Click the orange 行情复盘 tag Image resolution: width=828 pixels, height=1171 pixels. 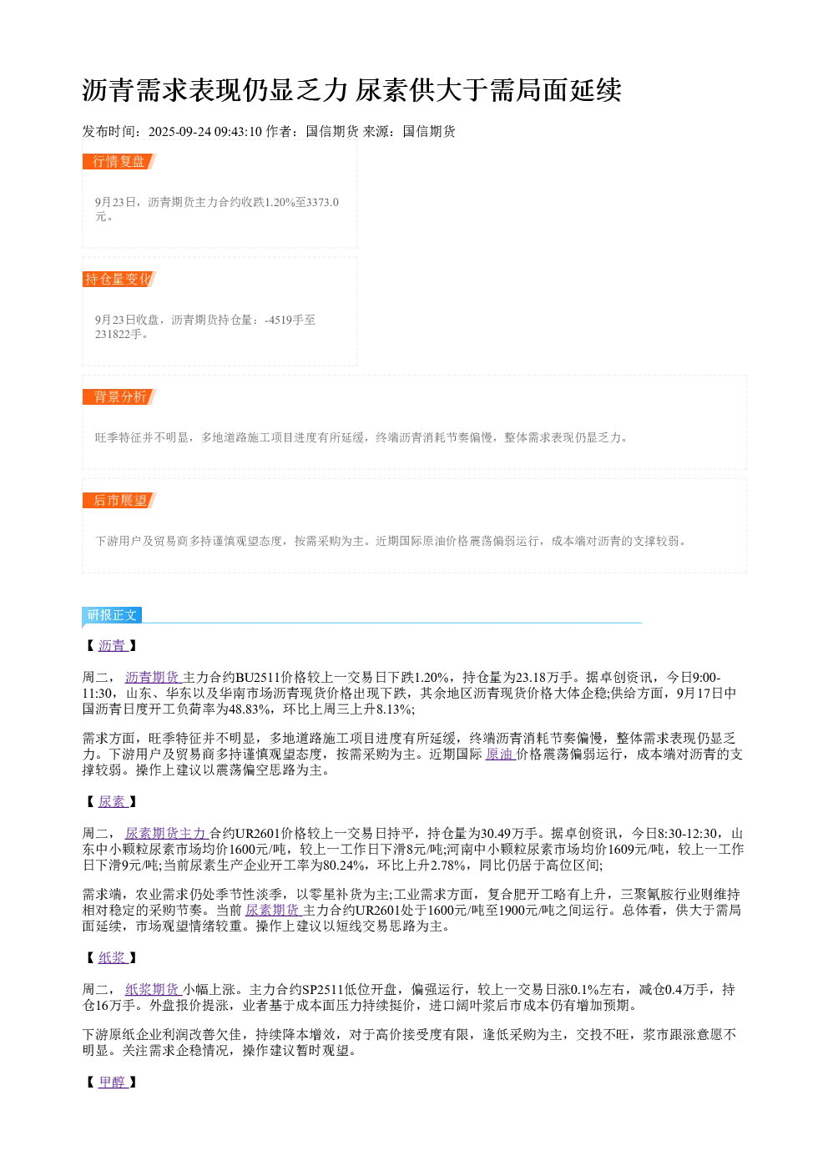click(119, 162)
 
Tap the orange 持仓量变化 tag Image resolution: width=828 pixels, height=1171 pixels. click(119, 279)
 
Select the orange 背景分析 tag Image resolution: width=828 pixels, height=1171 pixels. click(119, 396)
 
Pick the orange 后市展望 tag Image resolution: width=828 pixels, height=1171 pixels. click(119, 500)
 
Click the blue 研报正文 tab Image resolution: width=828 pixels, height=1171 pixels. click(112, 615)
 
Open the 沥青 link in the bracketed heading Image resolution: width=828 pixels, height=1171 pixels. click(113, 646)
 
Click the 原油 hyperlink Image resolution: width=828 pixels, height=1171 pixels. click(500, 754)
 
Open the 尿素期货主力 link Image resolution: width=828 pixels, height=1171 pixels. click(167, 833)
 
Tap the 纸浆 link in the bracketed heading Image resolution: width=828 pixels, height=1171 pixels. click(113, 957)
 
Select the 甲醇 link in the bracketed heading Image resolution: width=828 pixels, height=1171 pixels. click(113, 1083)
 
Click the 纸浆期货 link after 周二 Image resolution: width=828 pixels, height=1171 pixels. click(153, 990)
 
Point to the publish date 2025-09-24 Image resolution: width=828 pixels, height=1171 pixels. click(179, 131)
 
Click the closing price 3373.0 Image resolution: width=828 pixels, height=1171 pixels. click(322, 202)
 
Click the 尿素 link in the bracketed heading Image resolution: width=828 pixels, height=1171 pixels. click(113, 801)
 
